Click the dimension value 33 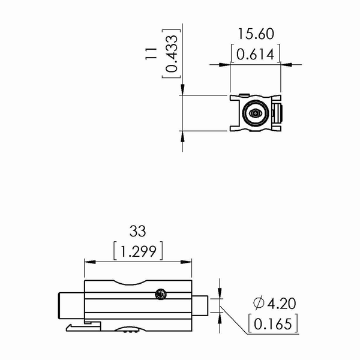coord(138,232)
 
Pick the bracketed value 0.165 coord(272,324)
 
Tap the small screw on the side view coord(160,294)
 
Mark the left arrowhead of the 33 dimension coord(89,262)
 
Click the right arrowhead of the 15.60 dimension coord(287,64)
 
